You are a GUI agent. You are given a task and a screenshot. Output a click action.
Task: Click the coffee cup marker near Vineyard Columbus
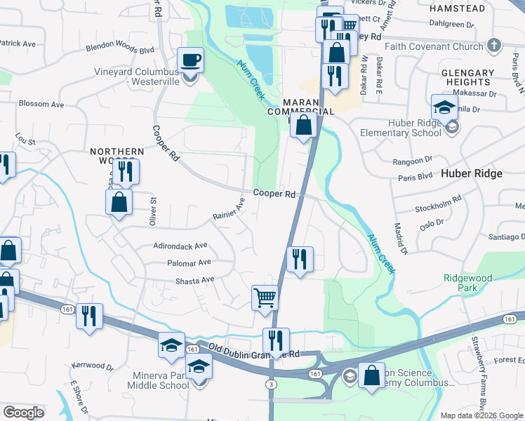point(191,59)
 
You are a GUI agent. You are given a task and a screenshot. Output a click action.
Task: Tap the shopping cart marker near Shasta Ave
point(265,297)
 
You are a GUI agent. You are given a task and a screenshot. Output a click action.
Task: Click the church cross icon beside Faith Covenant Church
point(494,46)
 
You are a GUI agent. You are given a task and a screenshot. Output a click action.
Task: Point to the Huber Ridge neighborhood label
point(471,173)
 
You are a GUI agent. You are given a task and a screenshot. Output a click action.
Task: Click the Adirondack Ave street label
point(181,246)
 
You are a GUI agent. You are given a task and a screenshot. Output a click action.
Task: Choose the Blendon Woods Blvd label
point(119,49)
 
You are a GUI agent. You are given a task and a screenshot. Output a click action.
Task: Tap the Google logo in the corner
point(24,412)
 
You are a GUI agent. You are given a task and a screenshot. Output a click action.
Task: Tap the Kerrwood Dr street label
point(92,366)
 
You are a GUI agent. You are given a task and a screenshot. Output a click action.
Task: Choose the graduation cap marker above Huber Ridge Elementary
point(444,107)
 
